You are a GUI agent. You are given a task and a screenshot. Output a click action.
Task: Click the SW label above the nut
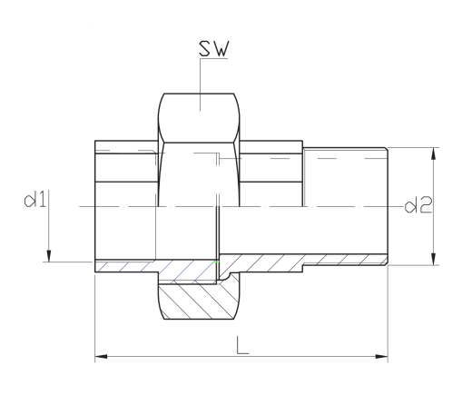tap(214, 48)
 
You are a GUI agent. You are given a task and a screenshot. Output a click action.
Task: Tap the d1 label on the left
tap(35, 200)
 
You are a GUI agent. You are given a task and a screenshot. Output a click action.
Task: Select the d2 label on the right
tap(418, 205)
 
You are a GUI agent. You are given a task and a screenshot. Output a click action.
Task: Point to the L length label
tap(242, 345)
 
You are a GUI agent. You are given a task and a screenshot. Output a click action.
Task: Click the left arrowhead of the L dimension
tap(101, 356)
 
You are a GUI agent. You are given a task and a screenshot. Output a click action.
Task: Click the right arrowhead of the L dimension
tap(381, 356)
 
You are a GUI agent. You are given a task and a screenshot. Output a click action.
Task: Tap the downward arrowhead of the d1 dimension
tap(49, 255)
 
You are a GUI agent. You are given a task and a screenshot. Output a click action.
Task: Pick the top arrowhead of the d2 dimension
tap(434, 153)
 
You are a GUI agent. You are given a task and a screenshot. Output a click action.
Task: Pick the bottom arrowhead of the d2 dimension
tap(434, 259)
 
